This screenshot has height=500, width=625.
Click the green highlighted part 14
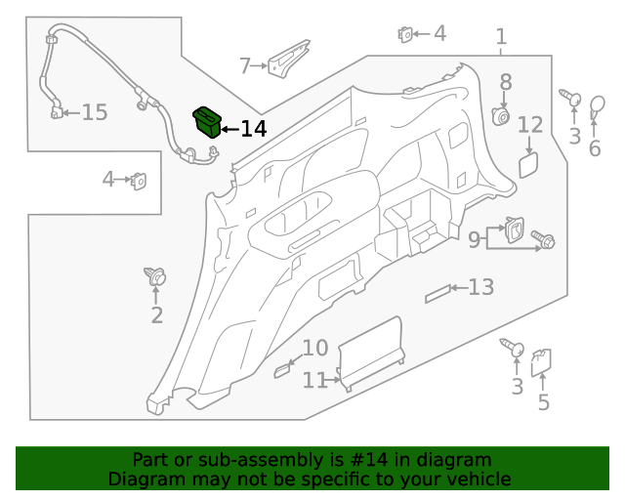coord(207,122)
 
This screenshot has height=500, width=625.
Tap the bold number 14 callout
coord(254,129)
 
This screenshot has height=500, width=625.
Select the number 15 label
coord(95,112)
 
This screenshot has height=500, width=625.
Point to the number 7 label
coord(245,65)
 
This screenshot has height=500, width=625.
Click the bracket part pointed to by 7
coord(289,59)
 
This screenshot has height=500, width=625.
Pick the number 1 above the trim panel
coord(501,37)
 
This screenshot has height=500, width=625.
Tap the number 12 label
coord(530,125)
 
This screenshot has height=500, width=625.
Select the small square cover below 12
coord(528,165)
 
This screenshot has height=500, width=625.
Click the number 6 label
coord(595,148)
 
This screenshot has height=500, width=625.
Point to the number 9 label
coord(474,240)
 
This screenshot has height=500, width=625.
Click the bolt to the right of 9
coord(543,239)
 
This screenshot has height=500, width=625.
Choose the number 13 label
coord(481,287)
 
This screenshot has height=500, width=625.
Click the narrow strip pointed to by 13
coord(437,294)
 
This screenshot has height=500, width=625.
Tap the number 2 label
coord(157,315)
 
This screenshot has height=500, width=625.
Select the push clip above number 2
coord(155,276)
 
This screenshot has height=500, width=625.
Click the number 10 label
coord(315,348)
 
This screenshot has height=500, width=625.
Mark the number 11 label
coord(314,381)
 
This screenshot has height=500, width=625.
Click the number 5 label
coord(544,402)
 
